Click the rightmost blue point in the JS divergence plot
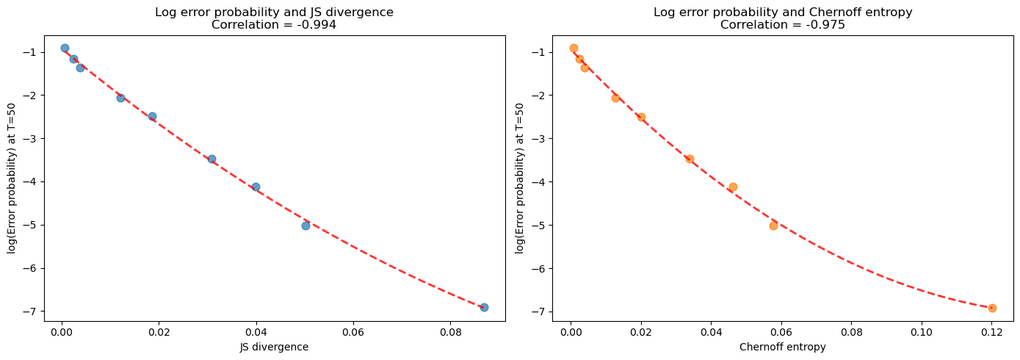click(x=484, y=307)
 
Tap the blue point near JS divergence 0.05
click(x=305, y=226)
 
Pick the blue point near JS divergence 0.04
click(x=256, y=187)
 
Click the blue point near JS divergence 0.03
click(x=211, y=159)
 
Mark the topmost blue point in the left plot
click(x=65, y=48)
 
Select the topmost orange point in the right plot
click(x=574, y=48)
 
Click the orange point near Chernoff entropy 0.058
click(x=773, y=226)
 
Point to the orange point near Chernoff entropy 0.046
click(x=733, y=187)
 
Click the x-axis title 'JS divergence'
click(x=274, y=348)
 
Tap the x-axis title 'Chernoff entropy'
click(x=783, y=348)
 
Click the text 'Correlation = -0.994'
click(x=274, y=24)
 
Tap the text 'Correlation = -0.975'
click(x=783, y=24)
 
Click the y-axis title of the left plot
click(x=12, y=178)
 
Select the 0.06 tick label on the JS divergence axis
click(x=353, y=333)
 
